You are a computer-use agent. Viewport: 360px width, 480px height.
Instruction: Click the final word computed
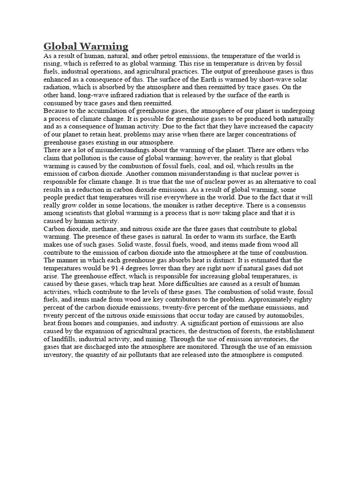click(x=290, y=355)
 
